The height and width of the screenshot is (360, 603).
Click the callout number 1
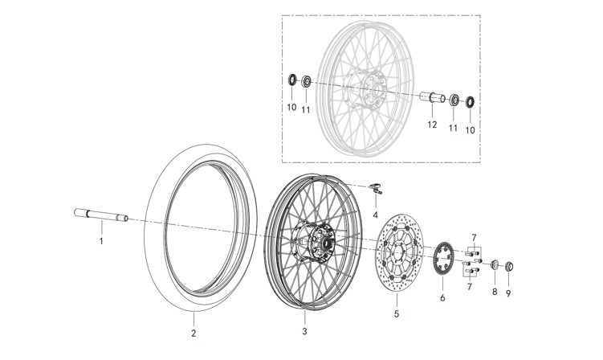[101, 240]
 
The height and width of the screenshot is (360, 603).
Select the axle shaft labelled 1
[101, 215]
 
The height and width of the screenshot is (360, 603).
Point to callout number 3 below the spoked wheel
[304, 330]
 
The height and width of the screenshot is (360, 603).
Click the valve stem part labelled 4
[375, 189]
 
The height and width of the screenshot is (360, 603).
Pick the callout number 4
[375, 215]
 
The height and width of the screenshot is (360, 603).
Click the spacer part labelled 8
[495, 264]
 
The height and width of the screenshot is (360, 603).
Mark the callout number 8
[495, 294]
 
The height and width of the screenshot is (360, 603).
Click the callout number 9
[508, 294]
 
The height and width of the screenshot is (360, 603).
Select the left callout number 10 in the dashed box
[293, 107]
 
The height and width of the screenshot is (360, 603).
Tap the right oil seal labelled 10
[470, 101]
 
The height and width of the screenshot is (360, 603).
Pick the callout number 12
[431, 125]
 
